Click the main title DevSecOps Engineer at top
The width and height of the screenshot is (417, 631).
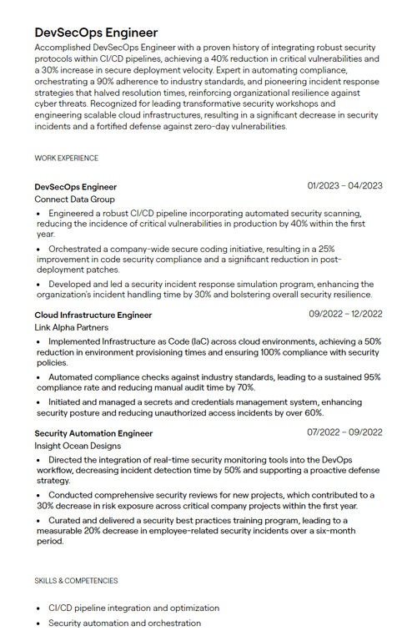pyautogui.click(x=96, y=32)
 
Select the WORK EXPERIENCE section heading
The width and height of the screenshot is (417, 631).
pyautogui.click(x=66, y=158)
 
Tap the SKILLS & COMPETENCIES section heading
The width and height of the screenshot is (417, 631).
pyautogui.click(x=76, y=580)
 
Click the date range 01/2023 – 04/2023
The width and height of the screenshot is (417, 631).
pyautogui.click(x=344, y=185)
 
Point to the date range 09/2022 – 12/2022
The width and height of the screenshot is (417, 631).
pyautogui.click(x=345, y=314)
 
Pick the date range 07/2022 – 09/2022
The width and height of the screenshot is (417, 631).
pyautogui.click(x=345, y=432)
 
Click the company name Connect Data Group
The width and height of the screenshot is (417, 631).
pyautogui.click(x=74, y=200)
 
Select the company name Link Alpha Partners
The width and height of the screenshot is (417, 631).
pyautogui.click(x=72, y=328)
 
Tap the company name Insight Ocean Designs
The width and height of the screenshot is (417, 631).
pyautogui.click(x=78, y=447)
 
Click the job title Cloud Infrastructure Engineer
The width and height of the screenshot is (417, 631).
pyautogui.click(x=93, y=315)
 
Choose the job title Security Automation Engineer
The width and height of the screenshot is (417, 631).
pyautogui.click(x=93, y=433)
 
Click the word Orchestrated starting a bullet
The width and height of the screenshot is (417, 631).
pyautogui.click(x=78, y=249)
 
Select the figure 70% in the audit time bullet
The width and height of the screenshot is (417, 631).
pyautogui.click(x=244, y=388)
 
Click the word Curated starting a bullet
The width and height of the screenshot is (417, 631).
pyautogui.click(x=67, y=520)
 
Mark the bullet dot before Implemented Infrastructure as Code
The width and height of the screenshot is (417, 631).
pyautogui.click(x=38, y=342)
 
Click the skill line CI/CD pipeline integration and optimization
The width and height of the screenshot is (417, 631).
pyautogui.click(x=133, y=608)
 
